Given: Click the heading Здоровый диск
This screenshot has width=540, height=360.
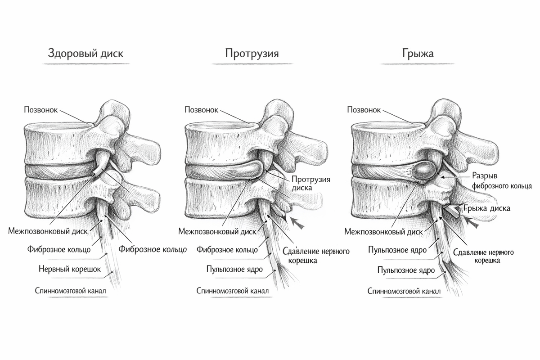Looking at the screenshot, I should coord(85,54).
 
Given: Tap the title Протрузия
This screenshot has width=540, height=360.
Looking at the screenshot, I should coord(252,54).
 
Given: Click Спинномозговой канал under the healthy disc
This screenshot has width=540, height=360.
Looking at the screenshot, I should coord(71,291).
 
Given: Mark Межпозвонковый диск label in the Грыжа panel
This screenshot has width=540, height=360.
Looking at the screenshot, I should coord(383,232).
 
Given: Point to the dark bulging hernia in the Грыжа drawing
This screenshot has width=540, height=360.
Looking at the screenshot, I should coord(425,171).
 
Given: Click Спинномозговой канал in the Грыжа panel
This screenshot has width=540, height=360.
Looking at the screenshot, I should coord(404,291).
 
